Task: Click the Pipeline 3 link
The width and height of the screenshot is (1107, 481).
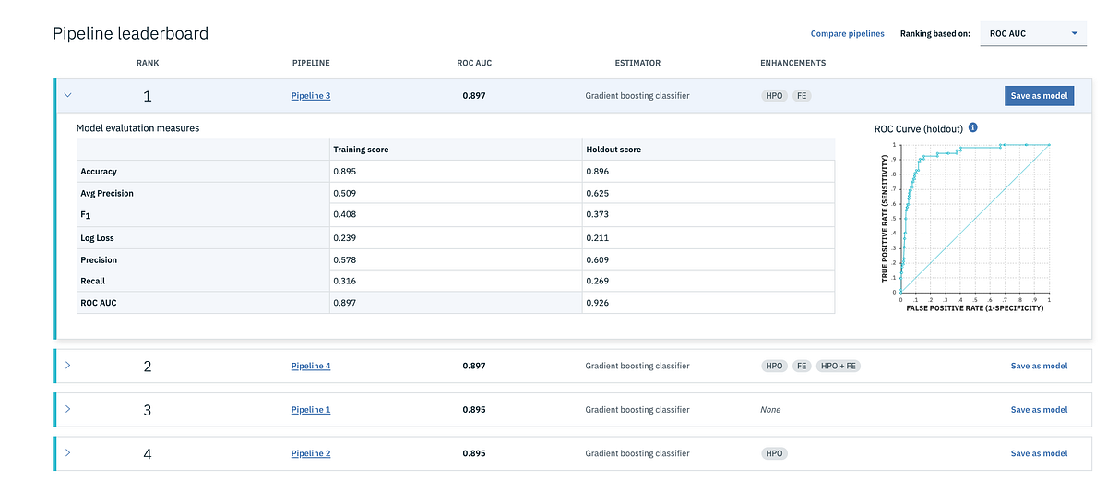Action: click(310, 96)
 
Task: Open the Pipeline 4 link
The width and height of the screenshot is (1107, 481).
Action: click(310, 366)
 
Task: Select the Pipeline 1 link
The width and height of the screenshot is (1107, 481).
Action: click(310, 409)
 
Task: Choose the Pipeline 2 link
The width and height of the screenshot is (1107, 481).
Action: click(310, 453)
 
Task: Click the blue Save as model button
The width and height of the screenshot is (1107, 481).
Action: click(1039, 96)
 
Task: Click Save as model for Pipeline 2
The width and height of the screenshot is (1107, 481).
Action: click(1039, 453)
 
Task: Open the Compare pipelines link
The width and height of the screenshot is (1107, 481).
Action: click(847, 34)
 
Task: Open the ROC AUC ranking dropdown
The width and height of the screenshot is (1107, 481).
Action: click(1032, 34)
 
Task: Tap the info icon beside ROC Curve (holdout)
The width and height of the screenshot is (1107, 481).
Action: click(973, 128)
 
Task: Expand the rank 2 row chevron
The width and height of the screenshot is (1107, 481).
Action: click(68, 366)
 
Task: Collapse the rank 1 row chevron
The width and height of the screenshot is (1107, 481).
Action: click(68, 95)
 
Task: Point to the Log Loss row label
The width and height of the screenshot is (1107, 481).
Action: click(99, 237)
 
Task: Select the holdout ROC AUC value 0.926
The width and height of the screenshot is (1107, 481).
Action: click(597, 303)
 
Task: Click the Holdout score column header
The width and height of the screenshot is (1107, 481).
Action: click(613, 150)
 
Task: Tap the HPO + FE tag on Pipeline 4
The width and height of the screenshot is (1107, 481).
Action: click(839, 366)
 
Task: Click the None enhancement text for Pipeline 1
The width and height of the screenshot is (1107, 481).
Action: click(770, 410)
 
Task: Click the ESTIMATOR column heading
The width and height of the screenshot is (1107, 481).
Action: click(637, 64)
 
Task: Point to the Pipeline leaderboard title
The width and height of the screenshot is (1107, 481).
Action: click(130, 34)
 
